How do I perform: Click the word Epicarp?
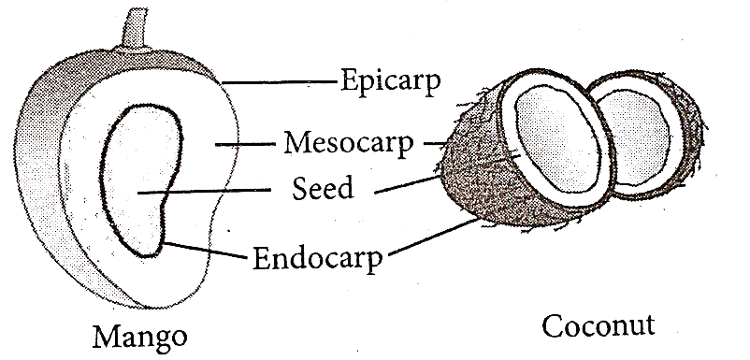[390, 82]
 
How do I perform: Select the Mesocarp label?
[348, 143]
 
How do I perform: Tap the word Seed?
[323, 188]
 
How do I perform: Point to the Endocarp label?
[318, 259]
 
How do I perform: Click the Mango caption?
[139, 337]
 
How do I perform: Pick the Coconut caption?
[598, 326]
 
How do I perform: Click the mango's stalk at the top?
[134, 30]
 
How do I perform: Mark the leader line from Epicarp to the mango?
[280, 82]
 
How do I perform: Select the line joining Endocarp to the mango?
[206, 250]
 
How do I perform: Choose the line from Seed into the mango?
[204, 192]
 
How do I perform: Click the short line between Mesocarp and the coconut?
[435, 142]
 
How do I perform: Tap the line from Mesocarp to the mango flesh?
[245, 143]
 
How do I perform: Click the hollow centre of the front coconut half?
[558, 139]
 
